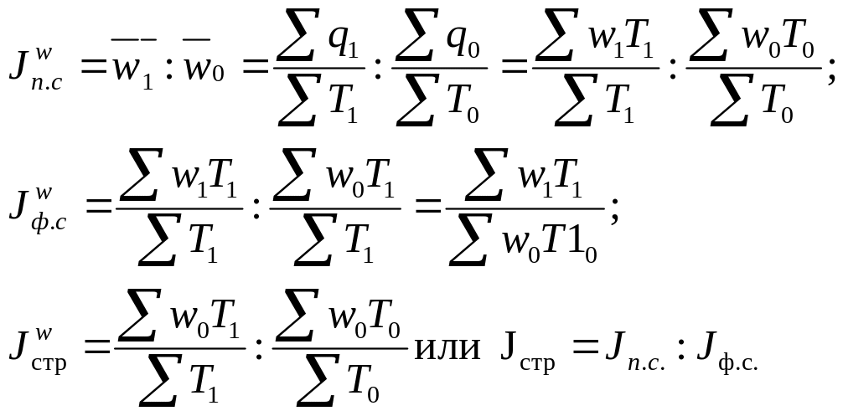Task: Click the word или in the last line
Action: pyautogui.click(x=447, y=349)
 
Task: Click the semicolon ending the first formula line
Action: pyautogui.click(x=832, y=73)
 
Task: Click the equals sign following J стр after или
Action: pyautogui.click(x=585, y=348)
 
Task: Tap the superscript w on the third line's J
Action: pyautogui.click(x=44, y=333)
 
